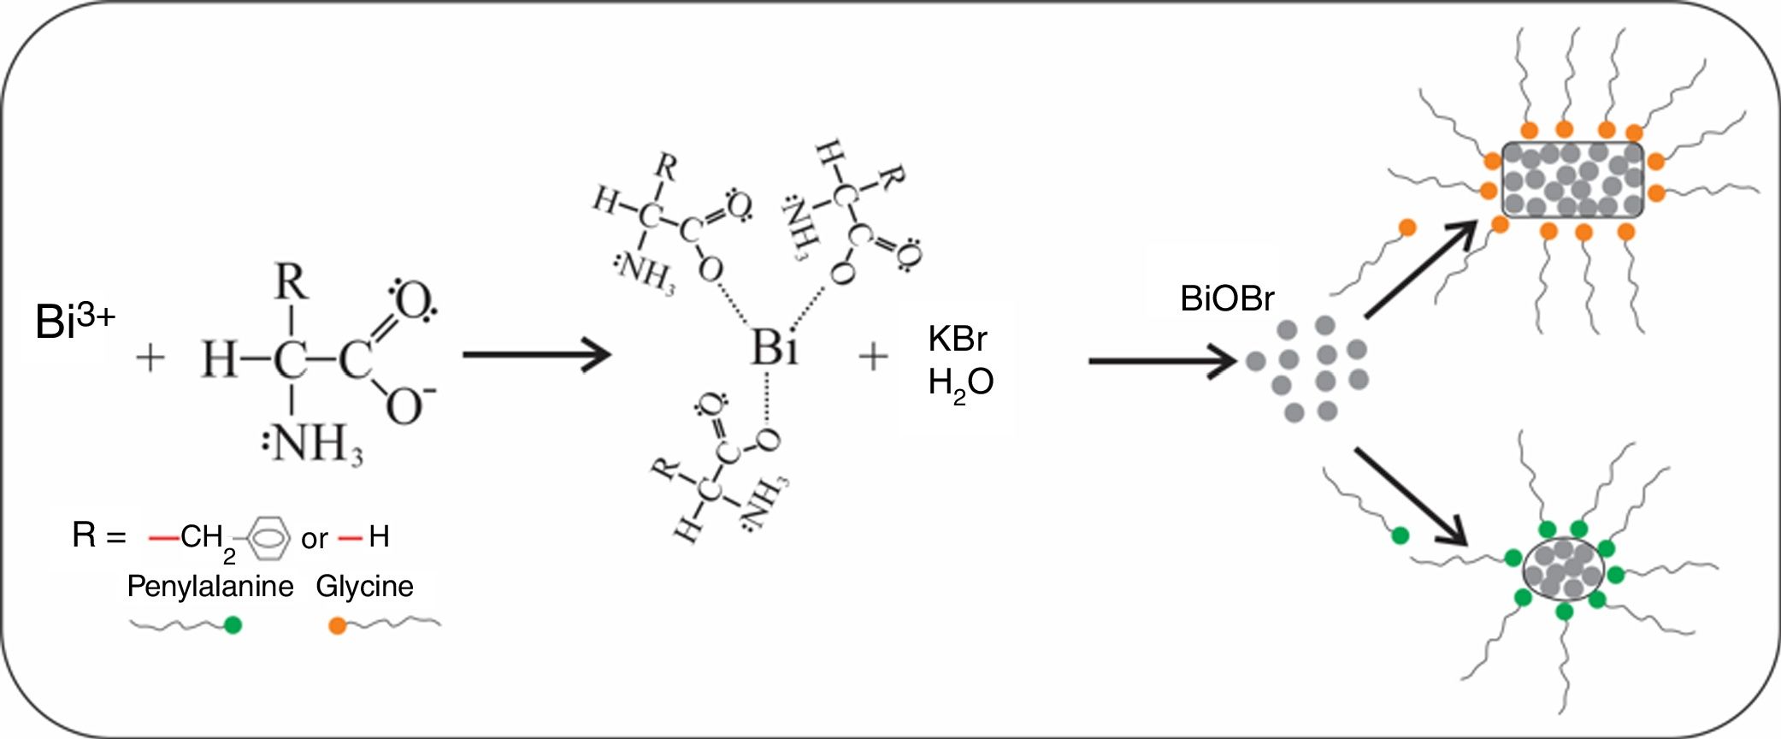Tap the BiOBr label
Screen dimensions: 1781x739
pyautogui.click(x=1226, y=299)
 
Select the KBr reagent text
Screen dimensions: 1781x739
pyautogui.click(x=957, y=340)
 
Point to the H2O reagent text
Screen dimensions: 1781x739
pyautogui.click(x=960, y=382)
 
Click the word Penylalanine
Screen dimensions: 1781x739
pyautogui.click(x=209, y=586)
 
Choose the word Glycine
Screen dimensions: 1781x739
pyautogui.click(x=364, y=586)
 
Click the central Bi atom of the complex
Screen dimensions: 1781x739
pyautogui.click(x=774, y=349)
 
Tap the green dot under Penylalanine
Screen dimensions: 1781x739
pyautogui.click(x=233, y=625)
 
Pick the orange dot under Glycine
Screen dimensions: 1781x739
pyautogui.click(x=338, y=626)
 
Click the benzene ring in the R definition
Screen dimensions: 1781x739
pyautogui.click(x=268, y=537)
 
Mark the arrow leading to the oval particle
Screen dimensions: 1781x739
pyautogui.click(x=1412, y=497)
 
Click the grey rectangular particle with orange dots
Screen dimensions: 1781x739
pyautogui.click(x=1572, y=180)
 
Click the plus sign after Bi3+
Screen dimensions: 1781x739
pyautogui.click(x=150, y=358)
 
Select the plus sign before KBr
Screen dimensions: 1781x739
pyautogui.click(x=873, y=357)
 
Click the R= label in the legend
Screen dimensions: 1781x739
pyautogui.click(x=98, y=535)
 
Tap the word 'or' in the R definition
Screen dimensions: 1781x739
pyautogui.click(x=315, y=539)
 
